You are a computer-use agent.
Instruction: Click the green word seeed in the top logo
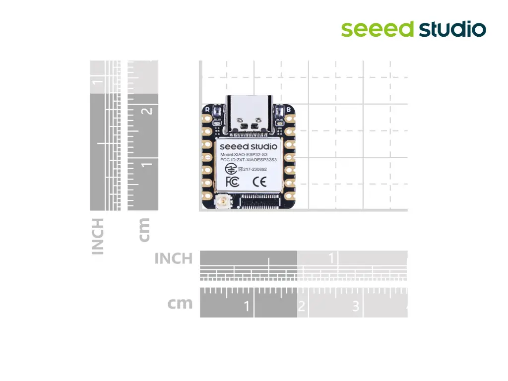[377, 29]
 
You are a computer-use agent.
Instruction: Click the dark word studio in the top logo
[452, 29]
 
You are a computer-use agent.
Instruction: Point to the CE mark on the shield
[260, 182]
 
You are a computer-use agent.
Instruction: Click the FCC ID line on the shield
[248, 160]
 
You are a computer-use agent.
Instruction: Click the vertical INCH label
[98, 236]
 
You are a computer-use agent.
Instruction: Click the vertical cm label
[144, 230]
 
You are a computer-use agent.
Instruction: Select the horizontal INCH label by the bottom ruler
[173, 258]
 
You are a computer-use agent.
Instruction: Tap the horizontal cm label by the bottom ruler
[180, 303]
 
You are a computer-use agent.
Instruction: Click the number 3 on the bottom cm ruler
[355, 307]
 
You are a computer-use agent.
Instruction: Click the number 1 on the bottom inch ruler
[331, 258]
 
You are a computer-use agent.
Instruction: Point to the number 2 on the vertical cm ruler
[146, 111]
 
